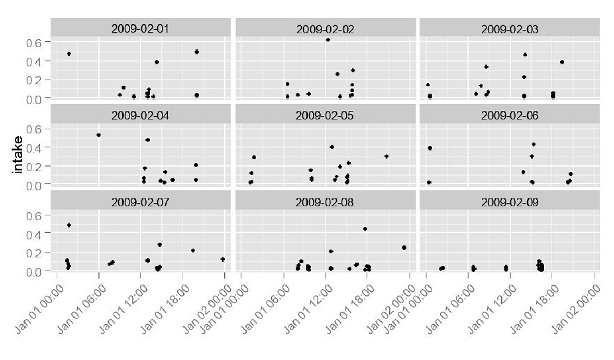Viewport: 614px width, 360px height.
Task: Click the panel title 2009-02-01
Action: coord(140,28)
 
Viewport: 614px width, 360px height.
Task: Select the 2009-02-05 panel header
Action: coord(325,115)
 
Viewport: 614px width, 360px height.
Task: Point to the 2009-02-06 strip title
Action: coord(510,115)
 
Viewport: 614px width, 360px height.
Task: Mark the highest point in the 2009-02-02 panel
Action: coord(328,40)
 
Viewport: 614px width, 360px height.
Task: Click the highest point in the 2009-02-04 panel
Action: coord(98,135)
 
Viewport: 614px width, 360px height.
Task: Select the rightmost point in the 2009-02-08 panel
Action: coord(404,247)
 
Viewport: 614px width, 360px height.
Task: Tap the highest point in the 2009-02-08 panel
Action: coord(365,229)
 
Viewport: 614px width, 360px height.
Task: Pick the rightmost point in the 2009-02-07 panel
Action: coord(223,259)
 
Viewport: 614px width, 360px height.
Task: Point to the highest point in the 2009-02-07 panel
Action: coord(69,225)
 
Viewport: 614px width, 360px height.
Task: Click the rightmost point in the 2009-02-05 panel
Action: coord(386,156)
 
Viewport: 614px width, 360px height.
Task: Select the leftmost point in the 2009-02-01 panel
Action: coord(69,54)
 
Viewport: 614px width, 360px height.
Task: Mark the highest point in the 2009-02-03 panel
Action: coord(525,54)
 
